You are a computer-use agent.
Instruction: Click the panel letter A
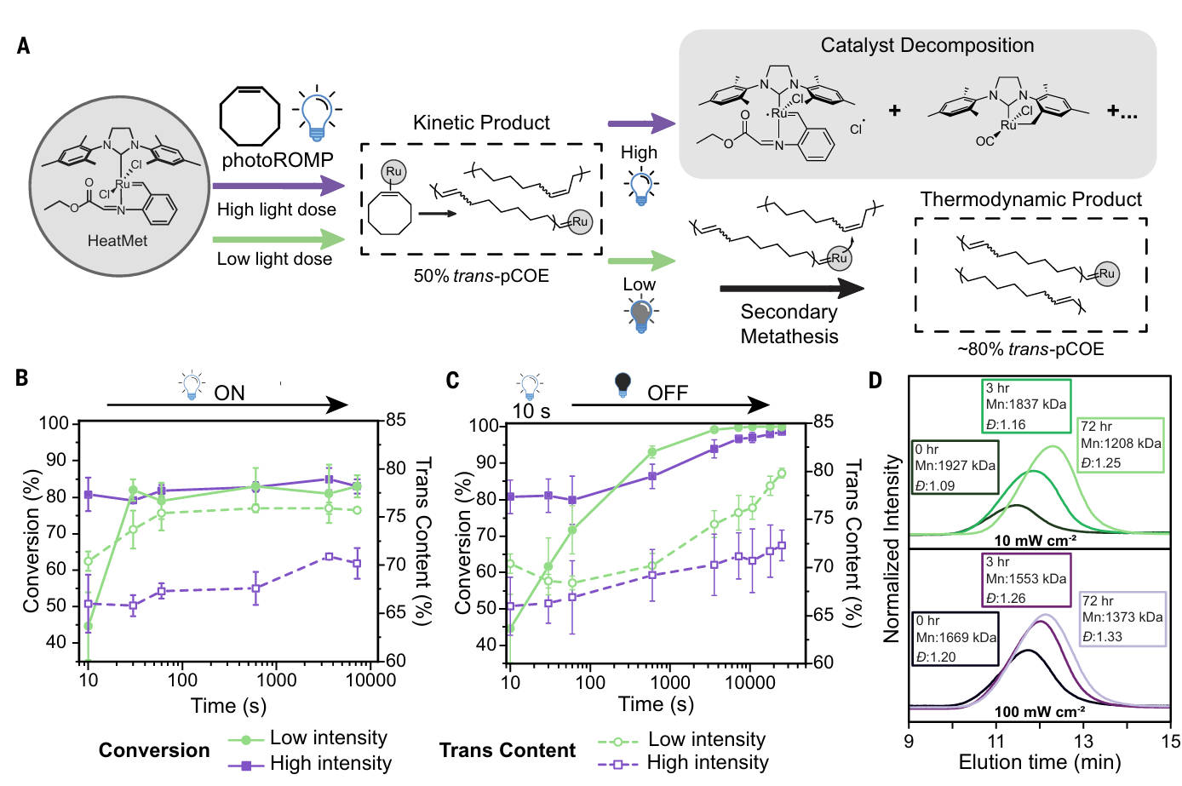click(24, 46)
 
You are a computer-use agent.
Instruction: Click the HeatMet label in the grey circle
click(118, 241)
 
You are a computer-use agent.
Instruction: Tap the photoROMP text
click(277, 160)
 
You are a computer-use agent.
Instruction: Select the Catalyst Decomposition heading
click(927, 46)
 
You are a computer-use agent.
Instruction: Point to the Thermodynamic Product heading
click(1030, 199)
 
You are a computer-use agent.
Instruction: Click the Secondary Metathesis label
click(789, 324)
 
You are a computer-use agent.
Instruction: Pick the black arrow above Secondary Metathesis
click(791, 289)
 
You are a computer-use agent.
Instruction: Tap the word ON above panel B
click(229, 393)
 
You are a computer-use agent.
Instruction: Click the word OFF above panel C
click(667, 393)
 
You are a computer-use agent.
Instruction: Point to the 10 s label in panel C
click(531, 411)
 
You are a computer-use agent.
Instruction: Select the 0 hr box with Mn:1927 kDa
click(955, 468)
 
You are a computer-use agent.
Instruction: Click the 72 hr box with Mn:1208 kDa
click(1121, 445)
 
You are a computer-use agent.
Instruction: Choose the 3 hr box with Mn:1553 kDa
click(1025, 580)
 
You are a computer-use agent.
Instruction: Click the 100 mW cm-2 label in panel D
click(1039, 711)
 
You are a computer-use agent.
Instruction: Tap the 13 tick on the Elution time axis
click(1083, 741)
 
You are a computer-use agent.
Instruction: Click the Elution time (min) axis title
click(1039, 762)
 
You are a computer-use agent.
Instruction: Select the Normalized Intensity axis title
click(892, 548)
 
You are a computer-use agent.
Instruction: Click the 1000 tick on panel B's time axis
click(276, 680)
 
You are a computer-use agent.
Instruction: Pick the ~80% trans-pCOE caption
click(1030, 349)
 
